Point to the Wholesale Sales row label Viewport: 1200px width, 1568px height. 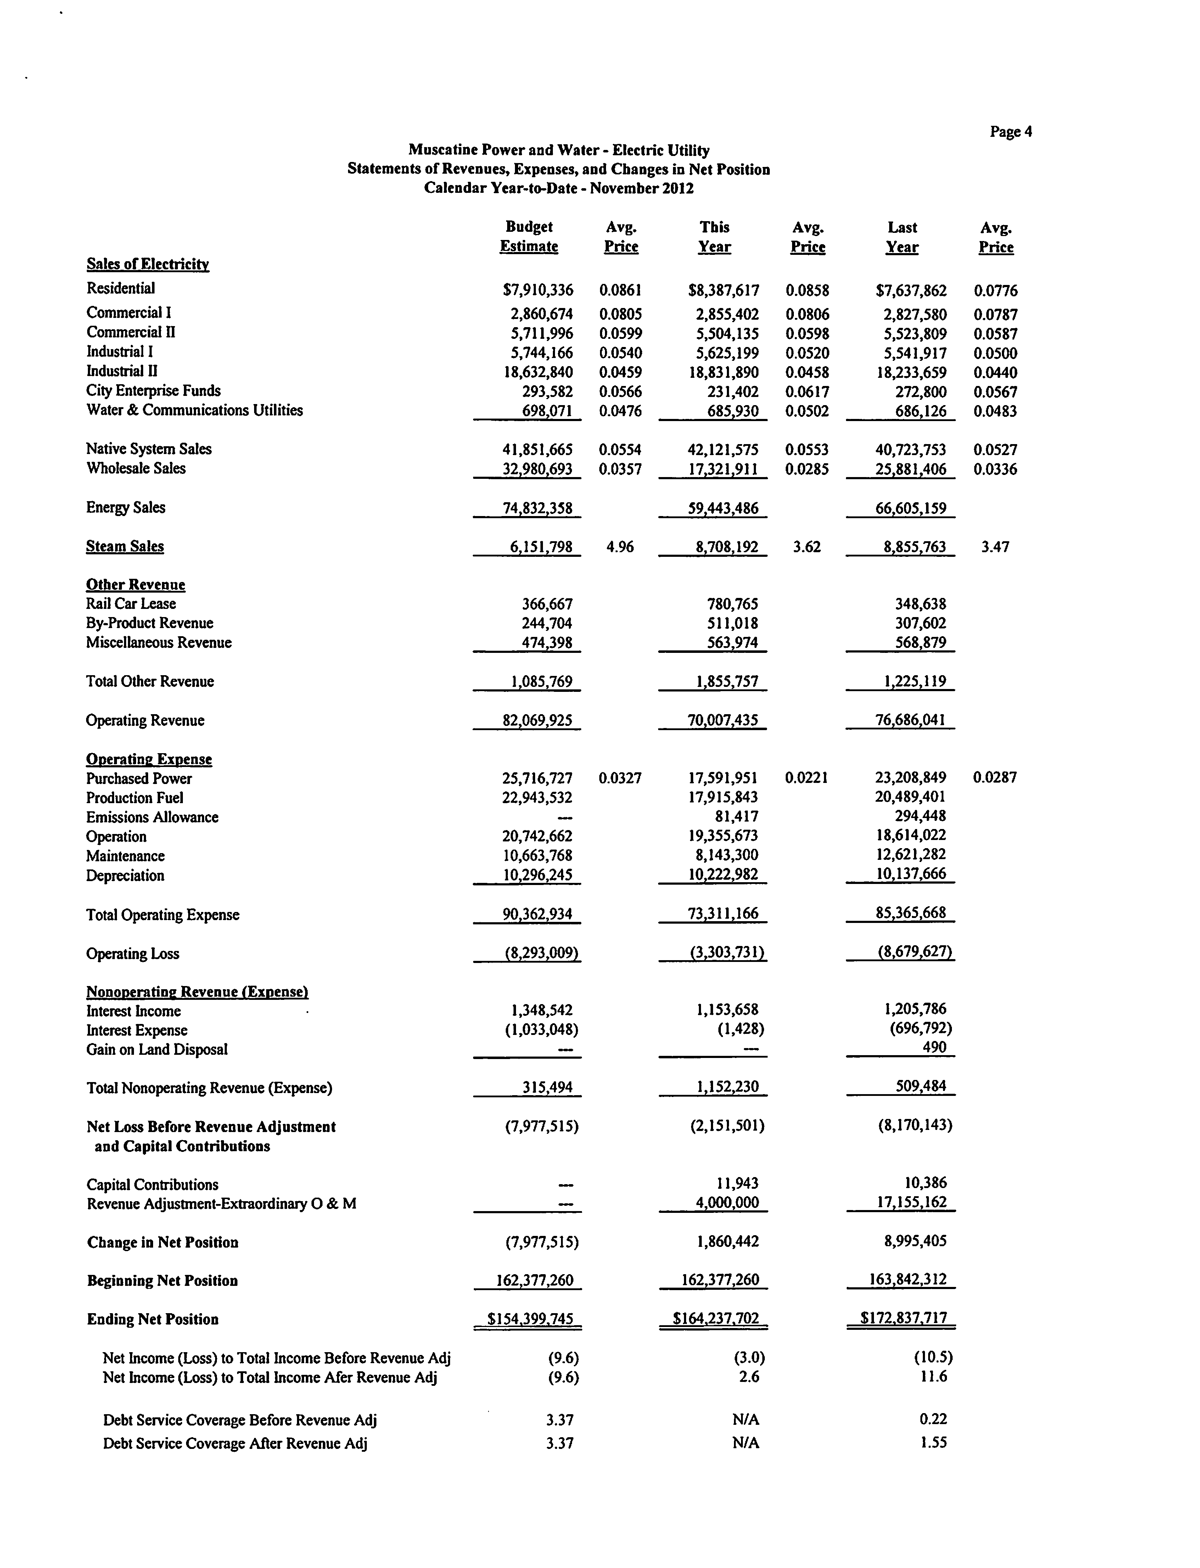(x=136, y=469)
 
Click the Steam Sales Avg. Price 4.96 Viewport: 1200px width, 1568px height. (x=620, y=547)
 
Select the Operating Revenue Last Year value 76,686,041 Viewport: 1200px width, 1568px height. (x=910, y=720)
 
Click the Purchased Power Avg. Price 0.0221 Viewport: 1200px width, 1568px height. (x=806, y=777)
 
